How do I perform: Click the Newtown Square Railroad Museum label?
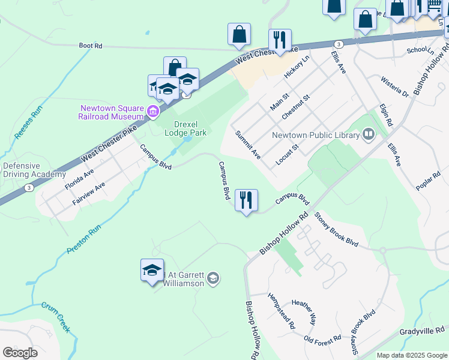point(112,112)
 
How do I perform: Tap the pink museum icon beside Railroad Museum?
point(153,110)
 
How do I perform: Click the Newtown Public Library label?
point(315,135)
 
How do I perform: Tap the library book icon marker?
point(369,134)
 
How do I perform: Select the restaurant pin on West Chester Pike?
point(280,40)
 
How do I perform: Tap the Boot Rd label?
point(91,45)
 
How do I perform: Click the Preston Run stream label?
point(83,239)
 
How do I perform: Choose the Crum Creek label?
point(56,317)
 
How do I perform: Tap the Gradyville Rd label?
point(423,331)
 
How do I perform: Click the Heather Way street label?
point(304,312)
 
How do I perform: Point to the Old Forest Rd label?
point(322,339)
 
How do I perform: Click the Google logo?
point(20,352)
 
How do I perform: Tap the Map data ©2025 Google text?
point(411,355)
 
